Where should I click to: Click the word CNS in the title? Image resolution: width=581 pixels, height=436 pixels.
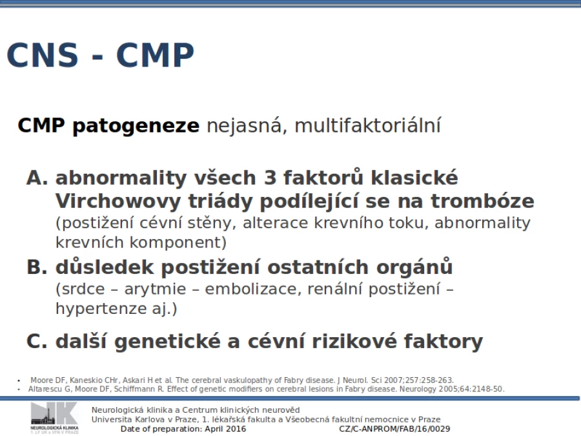(42, 55)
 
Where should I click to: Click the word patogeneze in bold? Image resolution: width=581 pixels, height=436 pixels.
(136, 126)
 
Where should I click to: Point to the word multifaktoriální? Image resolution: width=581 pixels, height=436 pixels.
(367, 125)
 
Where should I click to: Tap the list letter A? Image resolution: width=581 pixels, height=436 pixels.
(37, 178)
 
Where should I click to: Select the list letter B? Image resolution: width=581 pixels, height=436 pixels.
(37, 267)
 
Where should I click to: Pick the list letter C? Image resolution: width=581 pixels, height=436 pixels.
(37, 342)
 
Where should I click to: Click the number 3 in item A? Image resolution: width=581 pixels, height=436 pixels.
(270, 178)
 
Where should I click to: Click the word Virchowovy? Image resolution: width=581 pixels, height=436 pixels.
(118, 202)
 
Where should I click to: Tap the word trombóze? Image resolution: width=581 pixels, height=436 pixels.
(482, 202)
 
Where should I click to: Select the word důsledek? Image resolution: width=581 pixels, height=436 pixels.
(105, 267)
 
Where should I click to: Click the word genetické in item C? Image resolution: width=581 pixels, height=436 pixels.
(167, 342)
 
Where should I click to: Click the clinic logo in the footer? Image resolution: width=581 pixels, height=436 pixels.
(54, 418)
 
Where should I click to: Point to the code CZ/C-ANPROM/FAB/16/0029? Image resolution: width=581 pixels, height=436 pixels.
(394, 429)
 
